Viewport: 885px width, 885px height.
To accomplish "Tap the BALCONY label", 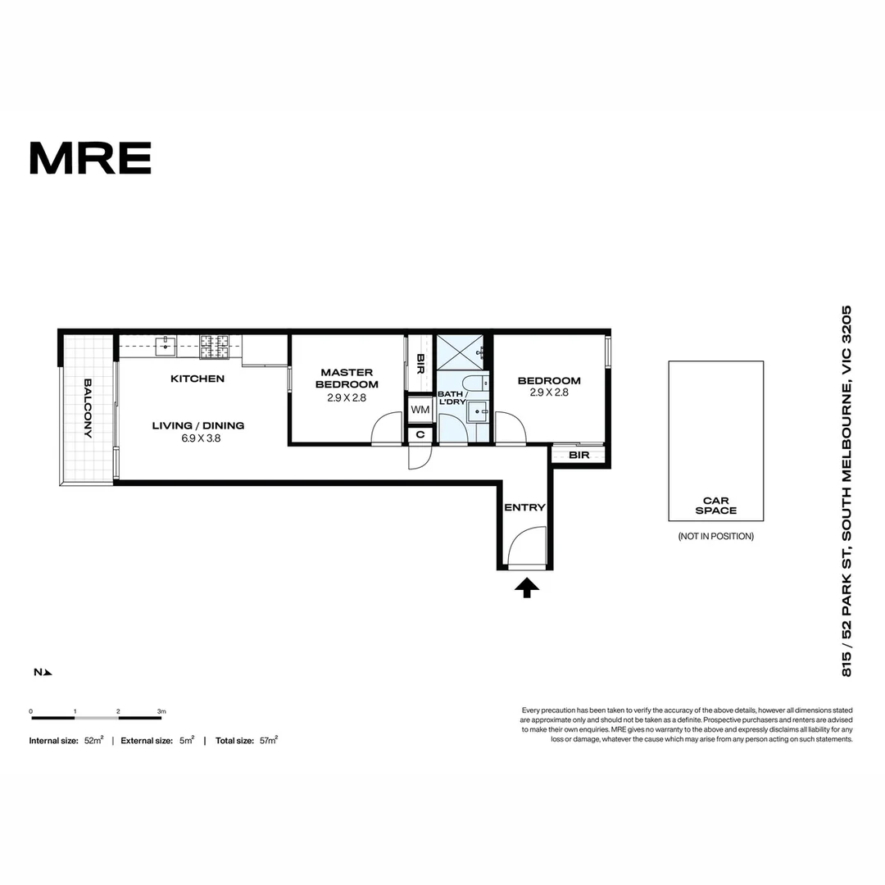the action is pos(88,408).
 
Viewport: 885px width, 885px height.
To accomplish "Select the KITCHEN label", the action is pos(197,379).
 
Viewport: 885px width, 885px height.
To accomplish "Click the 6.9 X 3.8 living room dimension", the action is pos(201,438).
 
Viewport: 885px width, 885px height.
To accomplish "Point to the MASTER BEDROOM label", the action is pos(347,378).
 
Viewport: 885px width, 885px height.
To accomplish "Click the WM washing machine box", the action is pos(420,410).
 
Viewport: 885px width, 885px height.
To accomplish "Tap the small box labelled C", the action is pos(420,434).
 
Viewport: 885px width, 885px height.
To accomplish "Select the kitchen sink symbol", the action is pos(166,346).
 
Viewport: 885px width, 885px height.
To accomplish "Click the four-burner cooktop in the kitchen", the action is pos(215,347).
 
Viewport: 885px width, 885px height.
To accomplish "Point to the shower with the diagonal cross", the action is pos(460,352).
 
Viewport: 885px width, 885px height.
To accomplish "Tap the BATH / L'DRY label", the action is pos(452,397).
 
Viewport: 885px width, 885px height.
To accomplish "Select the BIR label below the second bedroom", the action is pos(579,455).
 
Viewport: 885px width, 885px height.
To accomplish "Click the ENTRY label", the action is pos(525,507).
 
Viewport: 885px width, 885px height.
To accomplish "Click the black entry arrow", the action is pos(527,588).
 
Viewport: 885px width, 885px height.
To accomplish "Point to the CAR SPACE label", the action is pos(715,505).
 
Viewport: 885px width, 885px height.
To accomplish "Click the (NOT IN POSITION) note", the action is pos(715,536).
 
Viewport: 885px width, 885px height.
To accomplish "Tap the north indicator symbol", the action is pos(43,672).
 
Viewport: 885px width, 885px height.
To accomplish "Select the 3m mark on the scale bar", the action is pos(161,711).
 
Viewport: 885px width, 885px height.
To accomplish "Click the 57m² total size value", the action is pos(268,741).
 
